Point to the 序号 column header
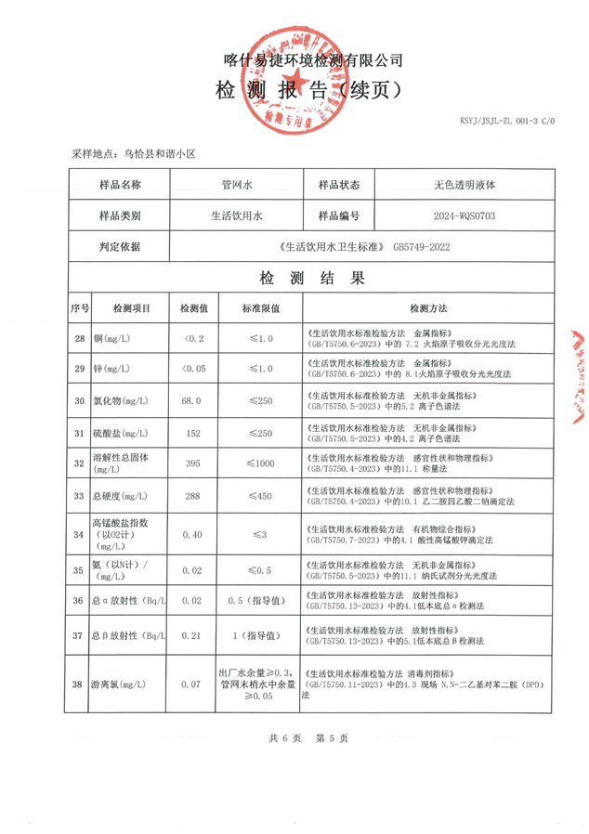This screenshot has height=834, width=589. pyautogui.click(x=79, y=307)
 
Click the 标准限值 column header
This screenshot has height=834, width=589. pyautogui.click(x=261, y=307)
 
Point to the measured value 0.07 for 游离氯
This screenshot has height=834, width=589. pyautogui.click(x=193, y=684)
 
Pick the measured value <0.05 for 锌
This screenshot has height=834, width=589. pyautogui.click(x=193, y=370)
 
